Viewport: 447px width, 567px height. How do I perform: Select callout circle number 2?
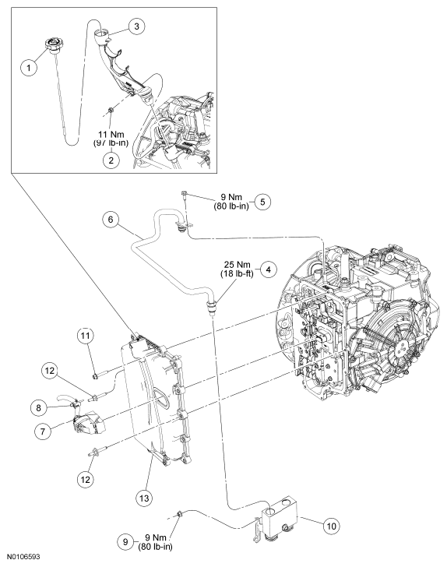pos(111,160)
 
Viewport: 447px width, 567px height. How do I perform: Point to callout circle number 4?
pos(267,271)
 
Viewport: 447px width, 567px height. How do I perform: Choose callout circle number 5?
pos(262,202)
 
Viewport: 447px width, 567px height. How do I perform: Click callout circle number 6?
pos(111,220)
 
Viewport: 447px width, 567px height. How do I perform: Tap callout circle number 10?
pos(330,526)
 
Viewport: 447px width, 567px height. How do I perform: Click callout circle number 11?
pos(86,336)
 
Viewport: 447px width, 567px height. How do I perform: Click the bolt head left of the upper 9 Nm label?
pos(182,193)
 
